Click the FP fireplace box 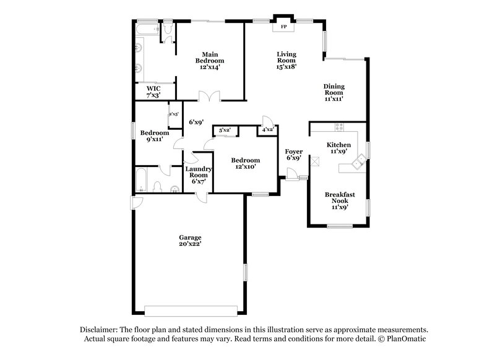(284, 27)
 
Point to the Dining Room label (334, 92)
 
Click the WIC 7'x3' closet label (153, 92)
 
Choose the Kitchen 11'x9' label (338, 148)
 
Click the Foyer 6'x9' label (293, 155)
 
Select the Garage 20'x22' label (191, 241)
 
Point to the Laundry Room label (199, 175)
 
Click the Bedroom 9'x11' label (153, 136)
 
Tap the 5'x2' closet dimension (224, 130)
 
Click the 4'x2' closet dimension (268, 130)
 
